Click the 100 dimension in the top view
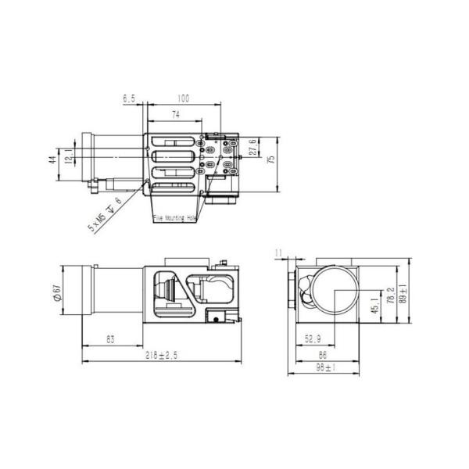click(184, 99)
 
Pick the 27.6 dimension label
click(252, 148)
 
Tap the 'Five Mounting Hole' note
click(174, 219)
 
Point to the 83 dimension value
click(110, 339)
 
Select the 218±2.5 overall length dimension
click(163, 355)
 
